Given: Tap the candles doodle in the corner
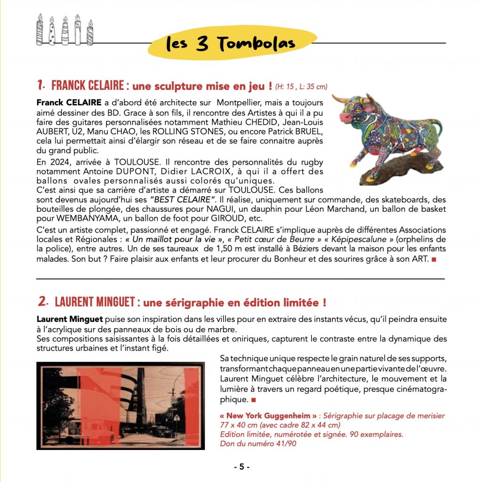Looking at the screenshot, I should point(65,30).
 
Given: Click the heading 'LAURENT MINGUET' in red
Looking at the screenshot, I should point(96,301).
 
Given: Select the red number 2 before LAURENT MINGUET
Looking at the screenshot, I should point(42,301).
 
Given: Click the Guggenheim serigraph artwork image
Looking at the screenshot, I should point(120,406).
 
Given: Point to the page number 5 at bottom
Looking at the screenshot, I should point(241,467).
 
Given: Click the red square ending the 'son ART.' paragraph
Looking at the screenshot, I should point(434,259).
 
